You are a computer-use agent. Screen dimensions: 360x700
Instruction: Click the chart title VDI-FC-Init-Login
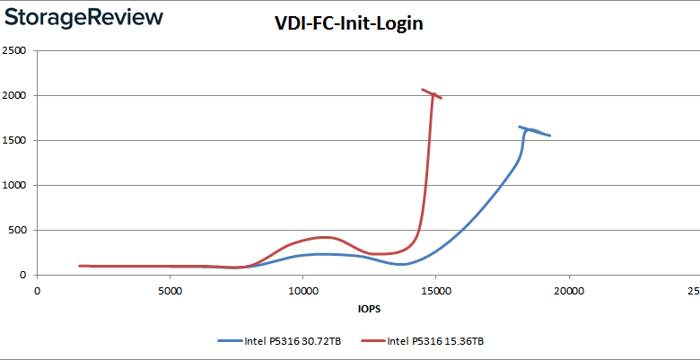click(348, 24)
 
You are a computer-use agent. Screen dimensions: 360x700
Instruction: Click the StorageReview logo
click(82, 18)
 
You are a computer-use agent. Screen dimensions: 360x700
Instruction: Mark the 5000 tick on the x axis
click(170, 291)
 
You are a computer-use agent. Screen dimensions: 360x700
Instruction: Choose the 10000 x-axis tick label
click(302, 291)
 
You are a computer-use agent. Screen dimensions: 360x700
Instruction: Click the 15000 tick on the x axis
click(435, 291)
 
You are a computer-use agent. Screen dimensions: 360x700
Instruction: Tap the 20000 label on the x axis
click(568, 291)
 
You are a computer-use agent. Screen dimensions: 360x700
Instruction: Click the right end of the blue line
click(549, 136)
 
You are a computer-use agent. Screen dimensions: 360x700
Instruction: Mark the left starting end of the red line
click(80, 266)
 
